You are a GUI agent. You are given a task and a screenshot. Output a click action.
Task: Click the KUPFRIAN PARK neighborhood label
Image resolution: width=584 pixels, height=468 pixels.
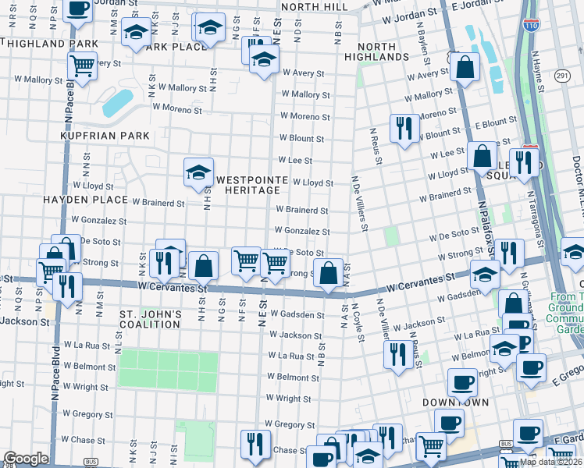pyautogui.click(x=105, y=136)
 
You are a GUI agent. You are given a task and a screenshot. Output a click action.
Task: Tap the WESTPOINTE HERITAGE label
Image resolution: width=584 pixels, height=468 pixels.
pyautogui.click(x=247, y=184)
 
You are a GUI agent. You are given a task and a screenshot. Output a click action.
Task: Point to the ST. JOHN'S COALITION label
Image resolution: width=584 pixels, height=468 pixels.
pyautogui.click(x=151, y=319)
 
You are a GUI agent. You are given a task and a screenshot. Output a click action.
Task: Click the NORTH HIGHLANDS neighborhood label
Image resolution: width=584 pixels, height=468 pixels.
pyautogui.click(x=377, y=51)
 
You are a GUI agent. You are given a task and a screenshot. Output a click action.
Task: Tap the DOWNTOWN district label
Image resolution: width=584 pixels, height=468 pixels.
pyautogui.click(x=455, y=402)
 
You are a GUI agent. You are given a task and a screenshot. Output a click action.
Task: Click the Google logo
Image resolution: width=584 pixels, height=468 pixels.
pyautogui.click(x=26, y=459)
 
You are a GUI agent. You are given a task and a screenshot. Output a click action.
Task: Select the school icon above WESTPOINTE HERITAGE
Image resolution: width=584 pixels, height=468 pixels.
pyautogui.click(x=198, y=172)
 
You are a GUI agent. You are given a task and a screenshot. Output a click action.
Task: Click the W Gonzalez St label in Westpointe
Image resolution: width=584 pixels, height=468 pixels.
pyautogui.click(x=302, y=232)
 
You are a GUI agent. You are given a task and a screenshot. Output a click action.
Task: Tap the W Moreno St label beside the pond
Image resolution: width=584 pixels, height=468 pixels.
pyautogui.click(x=177, y=108)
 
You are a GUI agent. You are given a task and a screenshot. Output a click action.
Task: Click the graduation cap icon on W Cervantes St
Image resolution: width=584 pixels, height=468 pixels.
pyautogui.click(x=484, y=275)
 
